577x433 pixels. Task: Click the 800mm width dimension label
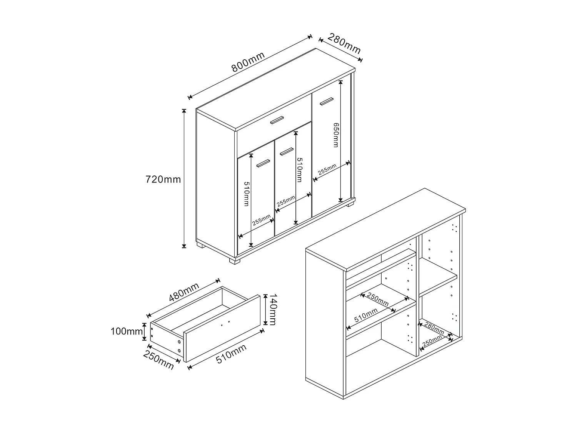(248, 62)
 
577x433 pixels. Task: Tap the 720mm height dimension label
(163, 179)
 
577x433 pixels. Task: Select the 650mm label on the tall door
(336, 135)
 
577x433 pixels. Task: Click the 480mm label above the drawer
(184, 292)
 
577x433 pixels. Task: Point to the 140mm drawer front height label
(273, 309)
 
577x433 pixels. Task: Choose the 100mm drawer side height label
(127, 331)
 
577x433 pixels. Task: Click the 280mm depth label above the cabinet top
(344, 43)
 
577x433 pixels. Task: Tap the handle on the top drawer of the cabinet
(277, 120)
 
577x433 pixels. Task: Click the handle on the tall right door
(327, 101)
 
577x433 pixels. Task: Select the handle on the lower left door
(263, 163)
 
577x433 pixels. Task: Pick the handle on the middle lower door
(287, 151)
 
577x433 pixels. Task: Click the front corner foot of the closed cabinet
(235, 261)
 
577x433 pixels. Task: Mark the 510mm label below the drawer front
(231, 354)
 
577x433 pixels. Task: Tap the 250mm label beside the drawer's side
(158, 360)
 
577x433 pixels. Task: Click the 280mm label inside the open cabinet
(434, 329)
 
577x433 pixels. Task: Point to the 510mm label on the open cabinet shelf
(366, 315)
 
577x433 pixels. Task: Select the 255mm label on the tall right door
(327, 169)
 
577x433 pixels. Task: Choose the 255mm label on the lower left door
(261, 220)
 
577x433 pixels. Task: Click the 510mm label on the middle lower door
(299, 170)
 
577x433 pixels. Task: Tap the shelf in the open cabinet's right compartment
(438, 277)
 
